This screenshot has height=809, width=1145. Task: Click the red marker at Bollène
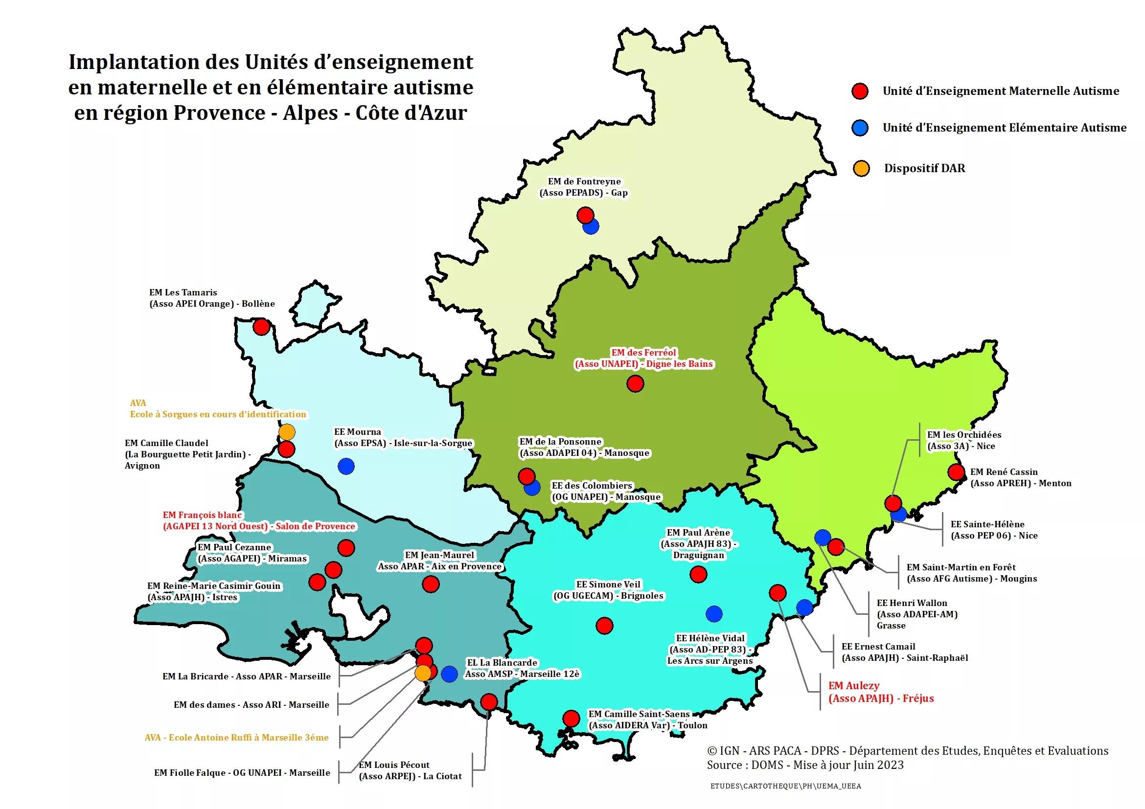pos(261,327)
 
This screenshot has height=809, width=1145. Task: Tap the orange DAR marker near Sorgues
pos(287,432)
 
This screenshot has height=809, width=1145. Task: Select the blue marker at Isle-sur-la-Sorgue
pos(346,466)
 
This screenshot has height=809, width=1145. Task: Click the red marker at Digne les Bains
pos(635,383)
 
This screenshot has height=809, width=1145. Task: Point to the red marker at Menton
pos(956,472)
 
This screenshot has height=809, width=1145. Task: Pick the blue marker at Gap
pos(591,227)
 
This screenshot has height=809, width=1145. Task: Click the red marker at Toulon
pos(571,719)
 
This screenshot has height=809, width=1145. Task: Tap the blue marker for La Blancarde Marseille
pos(449,674)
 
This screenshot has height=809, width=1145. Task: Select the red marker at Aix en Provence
pos(431,584)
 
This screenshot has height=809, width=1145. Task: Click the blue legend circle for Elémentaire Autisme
pos(860,128)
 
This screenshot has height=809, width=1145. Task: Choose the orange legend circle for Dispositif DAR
pos(861,168)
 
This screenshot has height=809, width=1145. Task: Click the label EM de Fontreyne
pos(584,181)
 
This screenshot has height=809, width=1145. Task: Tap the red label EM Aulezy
pos(853,686)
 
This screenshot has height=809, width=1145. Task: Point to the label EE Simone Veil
pos(608,584)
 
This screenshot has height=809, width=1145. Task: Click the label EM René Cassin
pos(1004,472)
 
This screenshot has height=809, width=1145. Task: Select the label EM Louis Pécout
pos(394,764)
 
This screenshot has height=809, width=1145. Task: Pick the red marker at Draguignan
pos(698,574)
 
